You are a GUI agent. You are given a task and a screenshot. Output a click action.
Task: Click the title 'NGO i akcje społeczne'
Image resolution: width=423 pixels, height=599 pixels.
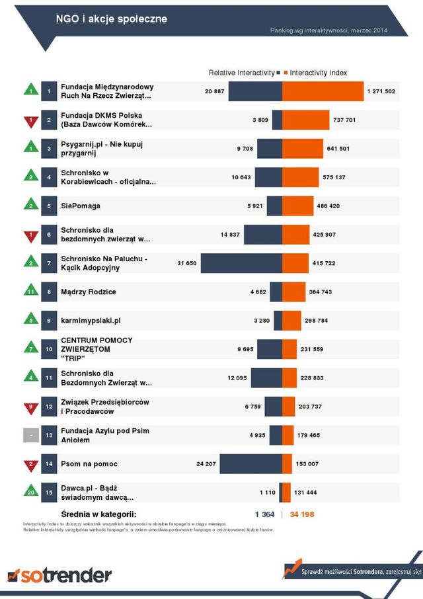click(111, 19)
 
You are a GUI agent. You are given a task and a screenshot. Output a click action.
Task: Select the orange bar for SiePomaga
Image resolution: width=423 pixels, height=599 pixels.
click(299, 206)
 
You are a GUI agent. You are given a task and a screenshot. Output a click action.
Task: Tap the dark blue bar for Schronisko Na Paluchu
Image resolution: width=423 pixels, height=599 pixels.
click(241, 263)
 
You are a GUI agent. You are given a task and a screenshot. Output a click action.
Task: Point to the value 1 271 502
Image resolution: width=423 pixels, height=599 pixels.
click(381, 91)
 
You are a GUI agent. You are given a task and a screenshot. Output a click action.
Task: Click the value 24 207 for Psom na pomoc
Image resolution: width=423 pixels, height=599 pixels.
click(206, 464)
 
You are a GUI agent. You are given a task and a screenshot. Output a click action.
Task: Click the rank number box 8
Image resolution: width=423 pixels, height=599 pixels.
click(49, 292)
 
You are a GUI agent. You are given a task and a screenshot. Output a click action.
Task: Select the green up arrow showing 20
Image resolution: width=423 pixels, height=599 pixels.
click(30, 493)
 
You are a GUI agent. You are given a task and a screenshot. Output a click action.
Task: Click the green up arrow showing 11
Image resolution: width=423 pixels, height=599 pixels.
click(30, 291)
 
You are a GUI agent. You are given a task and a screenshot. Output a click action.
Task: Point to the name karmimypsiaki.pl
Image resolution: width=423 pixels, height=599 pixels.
click(91, 321)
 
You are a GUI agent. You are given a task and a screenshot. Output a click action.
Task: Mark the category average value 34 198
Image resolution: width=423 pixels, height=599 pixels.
click(302, 514)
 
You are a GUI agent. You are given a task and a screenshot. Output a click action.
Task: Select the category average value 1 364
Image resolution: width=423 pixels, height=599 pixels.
click(264, 514)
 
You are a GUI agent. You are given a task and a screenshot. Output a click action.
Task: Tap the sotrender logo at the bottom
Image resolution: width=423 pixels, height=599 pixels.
click(59, 575)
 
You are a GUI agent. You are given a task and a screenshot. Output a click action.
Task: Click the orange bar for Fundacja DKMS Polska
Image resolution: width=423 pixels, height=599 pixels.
click(305, 120)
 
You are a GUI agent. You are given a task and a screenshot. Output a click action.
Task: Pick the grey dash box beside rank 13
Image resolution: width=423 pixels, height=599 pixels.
click(30, 435)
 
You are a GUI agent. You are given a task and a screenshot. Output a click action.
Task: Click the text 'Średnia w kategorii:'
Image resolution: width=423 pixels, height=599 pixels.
click(98, 514)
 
